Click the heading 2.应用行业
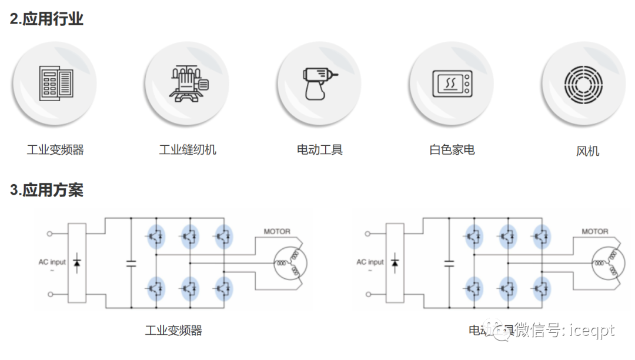[47, 19]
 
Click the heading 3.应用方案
[47, 190]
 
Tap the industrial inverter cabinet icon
[56, 83]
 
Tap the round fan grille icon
[583, 83]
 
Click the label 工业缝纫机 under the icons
[188, 149]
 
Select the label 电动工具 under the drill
[320, 149]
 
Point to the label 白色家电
[452, 149]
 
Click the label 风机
[587, 151]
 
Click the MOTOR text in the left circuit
[277, 232]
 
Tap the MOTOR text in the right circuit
[595, 232]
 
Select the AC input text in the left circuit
[52, 262]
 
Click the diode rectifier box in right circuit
[395, 262]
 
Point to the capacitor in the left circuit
[131, 263]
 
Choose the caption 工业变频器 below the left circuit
[173, 331]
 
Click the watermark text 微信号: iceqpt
[564, 331]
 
